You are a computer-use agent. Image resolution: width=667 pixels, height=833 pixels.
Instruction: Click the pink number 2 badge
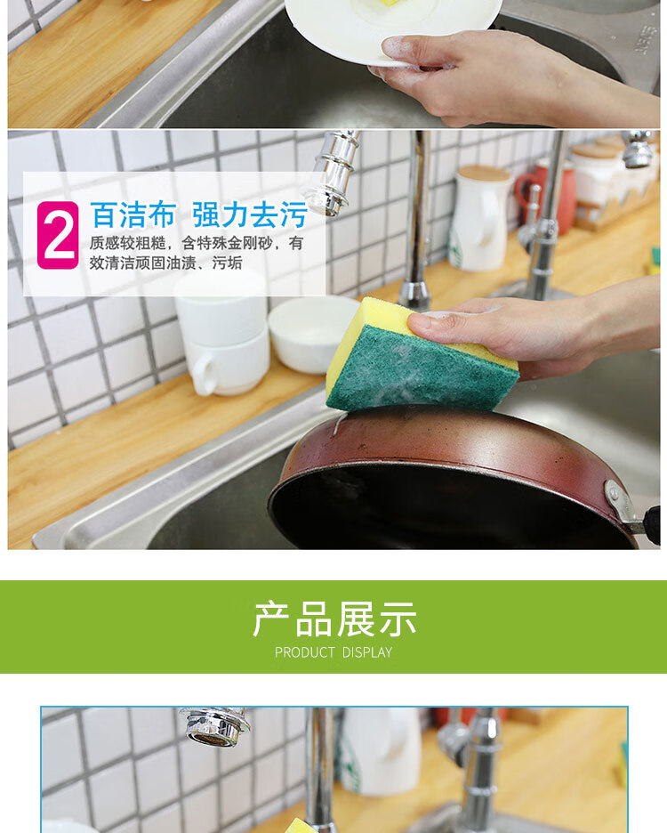pos(58,235)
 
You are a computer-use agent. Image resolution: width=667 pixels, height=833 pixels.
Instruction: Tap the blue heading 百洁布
pos(133,214)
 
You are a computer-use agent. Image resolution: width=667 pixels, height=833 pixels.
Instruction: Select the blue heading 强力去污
pos(250,214)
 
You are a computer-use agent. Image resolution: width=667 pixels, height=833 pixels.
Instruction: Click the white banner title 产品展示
pos(334,619)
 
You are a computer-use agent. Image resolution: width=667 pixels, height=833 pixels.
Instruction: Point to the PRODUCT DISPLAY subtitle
pos(333,652)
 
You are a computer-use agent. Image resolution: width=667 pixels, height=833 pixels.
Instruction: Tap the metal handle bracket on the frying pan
pos(619,504)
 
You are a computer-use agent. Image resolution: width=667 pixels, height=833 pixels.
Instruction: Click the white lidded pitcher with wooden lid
pos(480,219)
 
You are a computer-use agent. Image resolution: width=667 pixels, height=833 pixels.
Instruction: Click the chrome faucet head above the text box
pos(330,175)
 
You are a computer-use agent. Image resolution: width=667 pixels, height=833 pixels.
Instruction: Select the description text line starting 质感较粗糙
pos(196,243)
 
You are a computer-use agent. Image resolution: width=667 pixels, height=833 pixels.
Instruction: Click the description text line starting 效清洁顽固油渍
pos(165,263)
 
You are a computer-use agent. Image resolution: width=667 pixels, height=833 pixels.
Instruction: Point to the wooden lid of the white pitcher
pos(484,174)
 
